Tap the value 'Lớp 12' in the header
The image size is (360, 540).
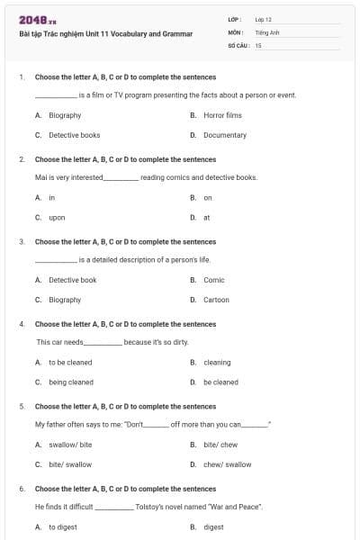[264, 19]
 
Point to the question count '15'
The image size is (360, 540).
[258, 44]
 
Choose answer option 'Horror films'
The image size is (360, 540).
[222, 115]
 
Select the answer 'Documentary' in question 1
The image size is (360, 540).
[224, 135]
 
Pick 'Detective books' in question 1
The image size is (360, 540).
[74, 135]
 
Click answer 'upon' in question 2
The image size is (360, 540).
[57, 217]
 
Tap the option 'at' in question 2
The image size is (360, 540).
[207, 217]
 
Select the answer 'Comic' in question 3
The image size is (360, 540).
[214, 280]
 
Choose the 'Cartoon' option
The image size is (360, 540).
[216, 300]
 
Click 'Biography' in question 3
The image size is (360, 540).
[65, 300]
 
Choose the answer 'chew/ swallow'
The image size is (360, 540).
[227, 464]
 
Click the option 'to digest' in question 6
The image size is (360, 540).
[63, 527]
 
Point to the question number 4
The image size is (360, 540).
[22, 324]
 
